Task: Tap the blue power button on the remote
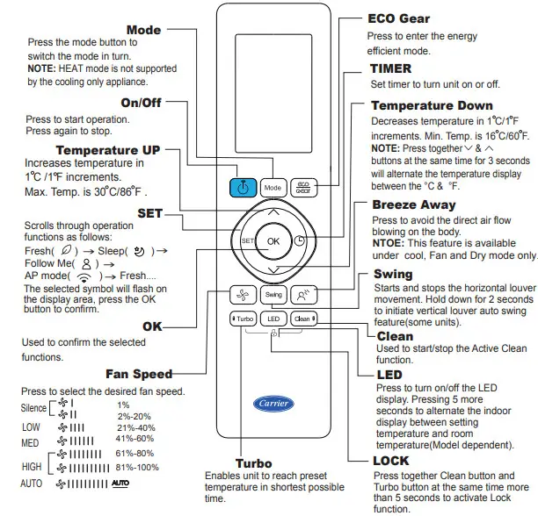point(243,187)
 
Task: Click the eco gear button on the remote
point(302,187)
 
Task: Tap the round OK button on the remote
point(273,240)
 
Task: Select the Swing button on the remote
point(273,295)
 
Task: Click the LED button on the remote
point(273,319)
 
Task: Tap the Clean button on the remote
point(303,319)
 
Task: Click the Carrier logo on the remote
point(273,404)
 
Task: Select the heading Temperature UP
point(108,150)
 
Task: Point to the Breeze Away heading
point(413,204)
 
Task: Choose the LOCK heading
point(390,460)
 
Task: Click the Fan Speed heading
point(138,374)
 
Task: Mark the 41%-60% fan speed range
point(135,438)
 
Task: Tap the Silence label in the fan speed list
point(33,408)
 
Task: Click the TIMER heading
point(390,68)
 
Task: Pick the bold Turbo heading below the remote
point(253,462)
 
